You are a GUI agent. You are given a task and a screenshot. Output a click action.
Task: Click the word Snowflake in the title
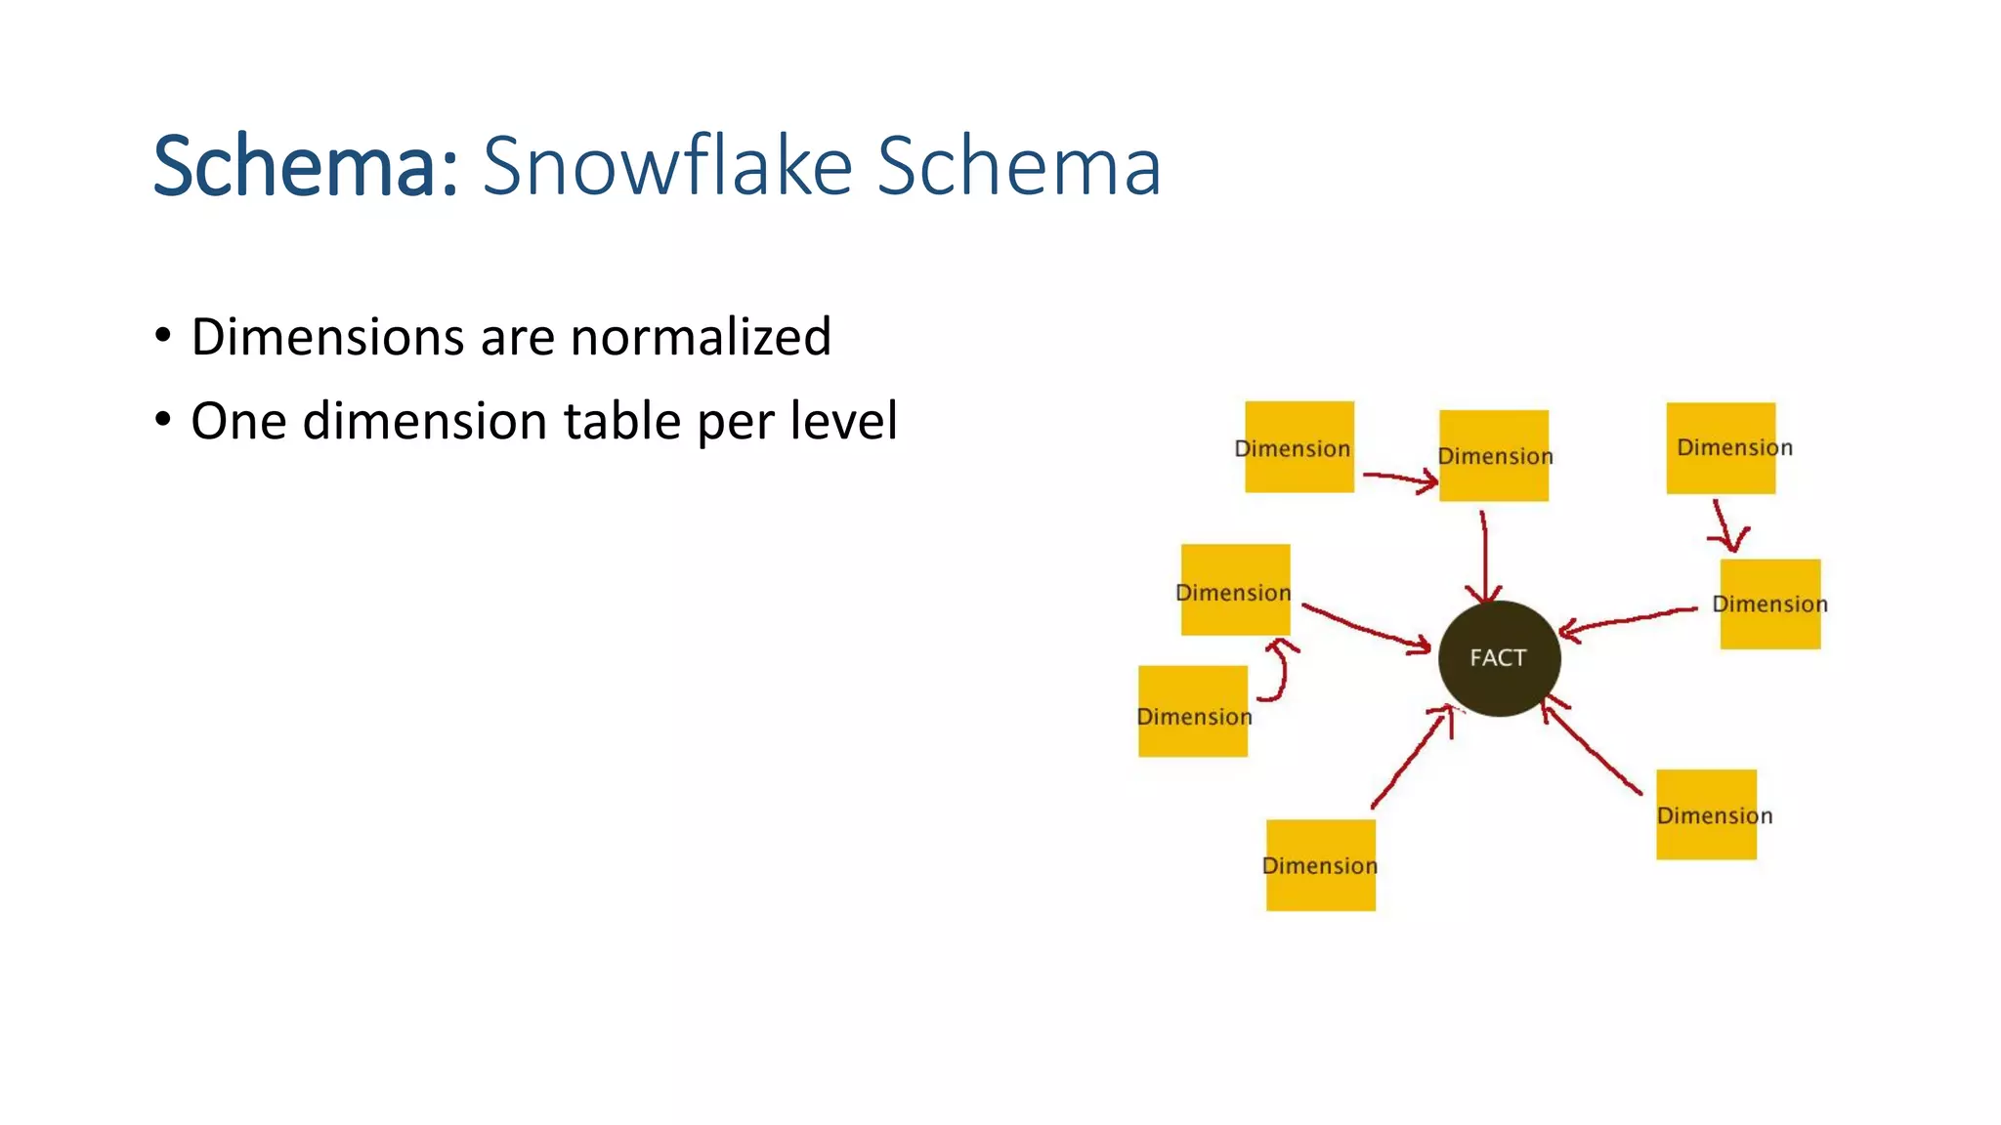pos(667,165)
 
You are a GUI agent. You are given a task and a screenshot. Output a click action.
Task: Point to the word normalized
pos(701,337)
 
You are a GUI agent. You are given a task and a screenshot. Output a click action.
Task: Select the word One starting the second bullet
pos(238,421)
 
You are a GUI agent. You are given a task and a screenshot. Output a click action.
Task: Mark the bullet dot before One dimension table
pos(163,421)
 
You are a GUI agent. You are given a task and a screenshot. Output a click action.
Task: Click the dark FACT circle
pos(1499,658)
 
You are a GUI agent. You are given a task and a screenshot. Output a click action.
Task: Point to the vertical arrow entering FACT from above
pos(1484,557)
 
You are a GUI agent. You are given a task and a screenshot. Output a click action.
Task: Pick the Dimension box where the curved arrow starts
pos(1193,712)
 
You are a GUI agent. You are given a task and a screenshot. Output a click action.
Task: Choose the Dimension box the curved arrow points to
pos(1235,590)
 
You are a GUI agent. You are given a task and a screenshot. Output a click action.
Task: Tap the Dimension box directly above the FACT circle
pos(1493,455)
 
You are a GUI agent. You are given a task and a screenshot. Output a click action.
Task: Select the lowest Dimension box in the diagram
pos(1320,865)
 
